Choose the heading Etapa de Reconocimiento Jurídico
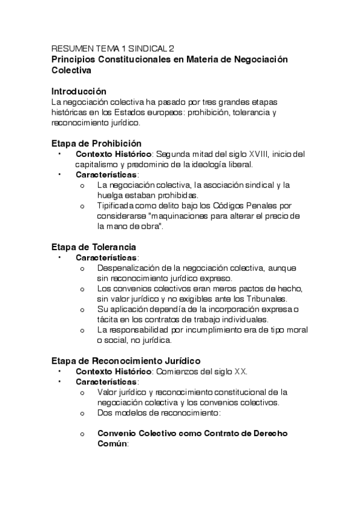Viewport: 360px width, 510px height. [x=126, y=361]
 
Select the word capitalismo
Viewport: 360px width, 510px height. [x=99, y=164]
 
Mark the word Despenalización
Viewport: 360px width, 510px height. [x=128, y=268]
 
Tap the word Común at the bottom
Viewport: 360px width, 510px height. [x=112, y=444]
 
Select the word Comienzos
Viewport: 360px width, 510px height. [x=177, y=371]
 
